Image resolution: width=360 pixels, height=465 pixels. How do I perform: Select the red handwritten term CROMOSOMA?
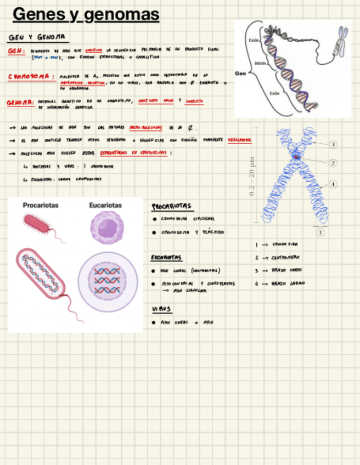(x=31, y=77)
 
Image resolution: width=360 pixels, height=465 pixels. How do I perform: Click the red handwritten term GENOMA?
(x=20, y=103)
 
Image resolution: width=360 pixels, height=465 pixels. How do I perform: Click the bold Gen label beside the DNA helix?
(x=240, y=73)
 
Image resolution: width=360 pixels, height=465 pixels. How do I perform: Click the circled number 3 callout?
(x=333, y=144)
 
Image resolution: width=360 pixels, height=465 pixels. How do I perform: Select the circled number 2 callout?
(x=333, y=163)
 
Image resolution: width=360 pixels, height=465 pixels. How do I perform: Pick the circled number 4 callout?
(x=333, y=184)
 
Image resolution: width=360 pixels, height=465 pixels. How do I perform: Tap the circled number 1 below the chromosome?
(x=320, y=232)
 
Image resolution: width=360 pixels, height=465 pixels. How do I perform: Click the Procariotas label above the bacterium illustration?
(x=41, y=206)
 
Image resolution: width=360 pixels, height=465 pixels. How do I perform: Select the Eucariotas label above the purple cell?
(x=105, y=206)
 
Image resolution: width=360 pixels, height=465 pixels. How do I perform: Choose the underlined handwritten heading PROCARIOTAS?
(x=172, y=207)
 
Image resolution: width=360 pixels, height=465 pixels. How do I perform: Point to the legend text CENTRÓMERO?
(x=285, y=257)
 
